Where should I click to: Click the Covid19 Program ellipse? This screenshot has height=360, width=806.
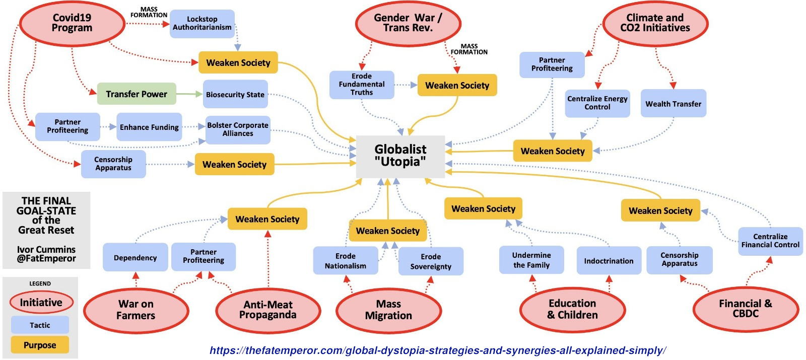[72, 23]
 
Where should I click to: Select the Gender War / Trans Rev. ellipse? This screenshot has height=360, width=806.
[408, 23]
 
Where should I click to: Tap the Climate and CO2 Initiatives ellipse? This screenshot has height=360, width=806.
[655, 23]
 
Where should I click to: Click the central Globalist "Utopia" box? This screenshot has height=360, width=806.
[400, 156]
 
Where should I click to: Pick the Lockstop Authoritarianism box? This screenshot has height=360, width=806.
[202, 23]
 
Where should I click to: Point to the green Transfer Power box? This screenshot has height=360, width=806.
[137, 94]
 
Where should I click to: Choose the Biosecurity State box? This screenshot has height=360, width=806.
[235, 94]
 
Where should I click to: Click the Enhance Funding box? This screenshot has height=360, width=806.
[149, 127]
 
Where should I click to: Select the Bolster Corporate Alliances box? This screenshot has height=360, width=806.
[238, 129]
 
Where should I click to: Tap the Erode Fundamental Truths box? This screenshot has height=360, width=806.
[362, 85]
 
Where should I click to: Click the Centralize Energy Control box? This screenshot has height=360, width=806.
[597, 103]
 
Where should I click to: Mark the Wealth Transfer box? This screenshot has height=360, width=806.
[674, 104]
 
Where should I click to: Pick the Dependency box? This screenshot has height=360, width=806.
[135, 258]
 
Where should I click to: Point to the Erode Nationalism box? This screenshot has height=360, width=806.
[346, 261]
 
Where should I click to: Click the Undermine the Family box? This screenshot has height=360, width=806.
[531, 260]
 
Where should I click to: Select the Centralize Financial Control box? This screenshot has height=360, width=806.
[770, 241]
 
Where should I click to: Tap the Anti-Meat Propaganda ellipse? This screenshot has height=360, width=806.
[268, 310]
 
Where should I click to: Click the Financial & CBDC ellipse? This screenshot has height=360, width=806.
[746, 309]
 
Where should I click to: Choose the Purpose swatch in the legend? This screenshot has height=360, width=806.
[40, 345]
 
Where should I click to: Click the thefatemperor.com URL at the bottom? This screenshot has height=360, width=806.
[438, 350]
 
